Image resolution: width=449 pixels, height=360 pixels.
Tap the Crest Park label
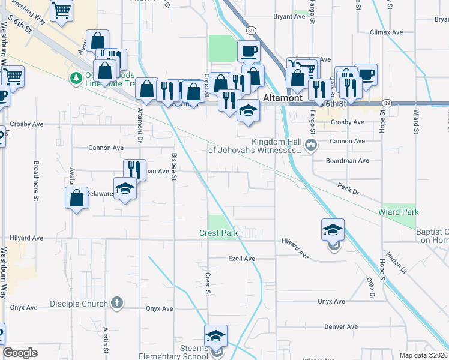[219, 233]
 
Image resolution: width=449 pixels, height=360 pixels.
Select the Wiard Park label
[398, 212]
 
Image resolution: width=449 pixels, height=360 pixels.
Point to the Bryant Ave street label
[289, 17]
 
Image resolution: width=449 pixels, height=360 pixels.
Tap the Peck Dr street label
[347, 189]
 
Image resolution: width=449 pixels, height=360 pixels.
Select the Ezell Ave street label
[242, 259]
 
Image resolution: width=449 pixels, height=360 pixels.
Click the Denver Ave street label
[341, 327]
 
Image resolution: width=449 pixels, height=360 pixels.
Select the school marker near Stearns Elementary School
[216, 337]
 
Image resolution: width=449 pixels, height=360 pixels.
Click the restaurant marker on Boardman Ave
[134, 169]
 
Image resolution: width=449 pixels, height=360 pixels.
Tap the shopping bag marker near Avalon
[77, 198]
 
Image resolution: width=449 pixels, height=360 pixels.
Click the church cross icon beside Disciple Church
[117, 302]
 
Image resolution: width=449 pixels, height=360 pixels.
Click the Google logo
[20, 353]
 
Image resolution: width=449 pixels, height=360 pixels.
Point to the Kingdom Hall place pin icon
[310, 145]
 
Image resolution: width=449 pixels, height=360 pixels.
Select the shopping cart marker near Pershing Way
[61, 10]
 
